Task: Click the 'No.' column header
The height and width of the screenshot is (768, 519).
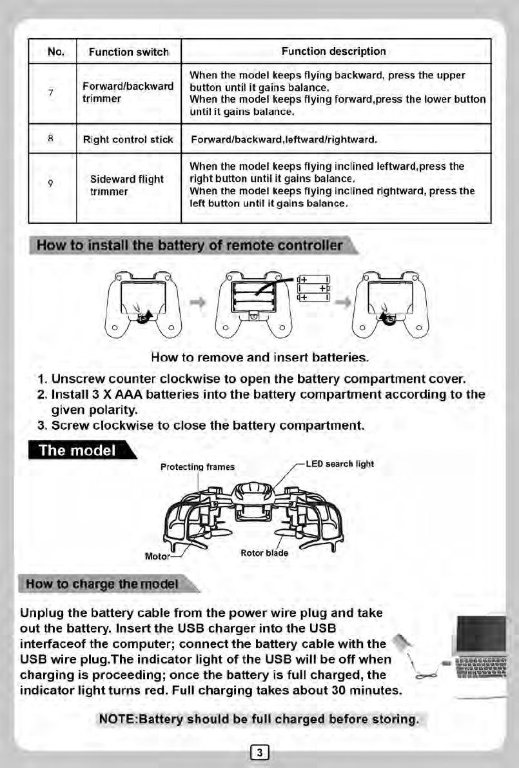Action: [x=55, y=52]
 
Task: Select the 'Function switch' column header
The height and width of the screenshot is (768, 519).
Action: [x=128, y=52]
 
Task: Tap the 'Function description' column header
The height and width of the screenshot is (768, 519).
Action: [x=334, y=51]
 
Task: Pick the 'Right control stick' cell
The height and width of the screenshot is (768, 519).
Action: [x=128, y=139]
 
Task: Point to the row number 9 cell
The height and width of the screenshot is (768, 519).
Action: [x=50, y=186]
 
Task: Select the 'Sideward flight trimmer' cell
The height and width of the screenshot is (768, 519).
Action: [x=126, y=185]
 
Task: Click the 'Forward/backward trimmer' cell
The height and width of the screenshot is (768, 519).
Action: [x=128, y=93]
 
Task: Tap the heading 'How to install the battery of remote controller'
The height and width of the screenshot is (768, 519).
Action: [x=190, y=246]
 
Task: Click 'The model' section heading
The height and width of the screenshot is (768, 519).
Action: [x=77, y=450]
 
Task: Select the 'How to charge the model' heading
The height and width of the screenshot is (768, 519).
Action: [x=102, y=585]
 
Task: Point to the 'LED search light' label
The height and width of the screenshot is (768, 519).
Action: [x=339, y=464]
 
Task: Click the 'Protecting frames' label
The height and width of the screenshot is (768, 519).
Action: [x=197, y=467]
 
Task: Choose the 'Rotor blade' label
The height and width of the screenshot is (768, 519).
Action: [x=264, y=552]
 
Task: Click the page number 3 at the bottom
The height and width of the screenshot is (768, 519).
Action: [x=259, y=751]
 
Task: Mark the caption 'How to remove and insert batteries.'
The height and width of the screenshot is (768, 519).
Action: [x=260, y=357]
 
